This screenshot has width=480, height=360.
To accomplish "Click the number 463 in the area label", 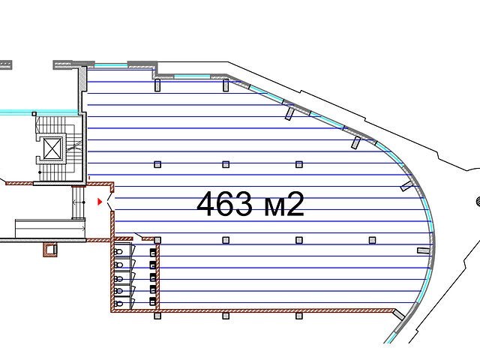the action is tap(224, 203).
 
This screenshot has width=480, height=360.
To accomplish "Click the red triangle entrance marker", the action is tap(100, 202).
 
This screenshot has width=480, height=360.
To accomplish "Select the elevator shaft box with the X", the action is tap(53, 149).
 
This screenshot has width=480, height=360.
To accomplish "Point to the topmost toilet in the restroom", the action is tap(118, 252).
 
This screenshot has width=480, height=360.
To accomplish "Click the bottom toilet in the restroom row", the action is tap(118, 304).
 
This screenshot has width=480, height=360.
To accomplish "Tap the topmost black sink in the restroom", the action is tap(153, 252).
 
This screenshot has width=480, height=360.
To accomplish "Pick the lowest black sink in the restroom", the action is tap(153, 301).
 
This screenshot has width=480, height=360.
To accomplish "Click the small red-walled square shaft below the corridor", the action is tap(50, 249).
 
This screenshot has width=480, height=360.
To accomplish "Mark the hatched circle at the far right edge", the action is tap(478, 201).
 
